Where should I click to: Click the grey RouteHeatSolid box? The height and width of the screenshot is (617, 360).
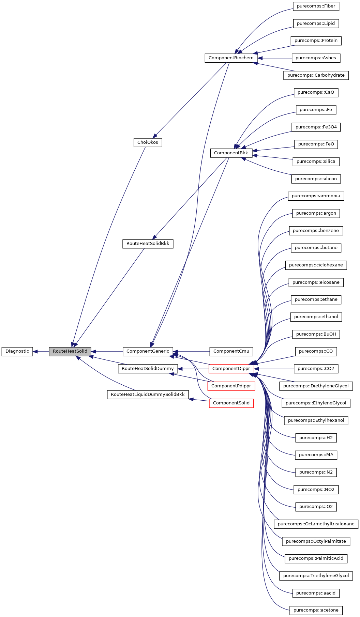[x=70, y=351]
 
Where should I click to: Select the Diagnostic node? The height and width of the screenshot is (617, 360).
[x=17, y=351]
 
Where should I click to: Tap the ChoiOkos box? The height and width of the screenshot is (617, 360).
[x=148, y=142]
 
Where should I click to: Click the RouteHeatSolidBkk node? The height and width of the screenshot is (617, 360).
[x=148, y=244]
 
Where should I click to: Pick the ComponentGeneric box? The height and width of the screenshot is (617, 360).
[x=148, y=351]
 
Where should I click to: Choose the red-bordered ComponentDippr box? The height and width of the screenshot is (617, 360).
[x=231, y=369]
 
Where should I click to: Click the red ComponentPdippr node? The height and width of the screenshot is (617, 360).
[x=231, y=386]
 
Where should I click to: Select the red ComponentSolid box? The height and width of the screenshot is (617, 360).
[x=231, y=403]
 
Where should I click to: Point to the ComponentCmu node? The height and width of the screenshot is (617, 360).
[x=231, y=351]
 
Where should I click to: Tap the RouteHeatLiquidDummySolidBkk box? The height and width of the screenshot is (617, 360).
[x=148, y=395]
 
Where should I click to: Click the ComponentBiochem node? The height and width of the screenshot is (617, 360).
[x=231, y=58]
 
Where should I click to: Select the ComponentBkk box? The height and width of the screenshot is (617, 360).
[x=231, y=153]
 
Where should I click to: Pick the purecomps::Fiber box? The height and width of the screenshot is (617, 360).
[x=316, y=6]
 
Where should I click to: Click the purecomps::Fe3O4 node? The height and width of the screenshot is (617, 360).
[x=316, y=127]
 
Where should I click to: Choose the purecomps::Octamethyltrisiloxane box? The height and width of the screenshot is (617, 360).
[x=316, y=524]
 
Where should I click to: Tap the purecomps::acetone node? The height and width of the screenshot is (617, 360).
[x=316, y=610]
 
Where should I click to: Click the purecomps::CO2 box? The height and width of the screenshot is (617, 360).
[x=316, y=369]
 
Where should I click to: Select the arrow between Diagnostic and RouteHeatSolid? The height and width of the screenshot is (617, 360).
[x=41, y=351]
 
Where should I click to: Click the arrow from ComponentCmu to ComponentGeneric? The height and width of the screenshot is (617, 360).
[x=191, y=351]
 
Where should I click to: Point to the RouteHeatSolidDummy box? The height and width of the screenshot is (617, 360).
[x=148, y=369]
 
